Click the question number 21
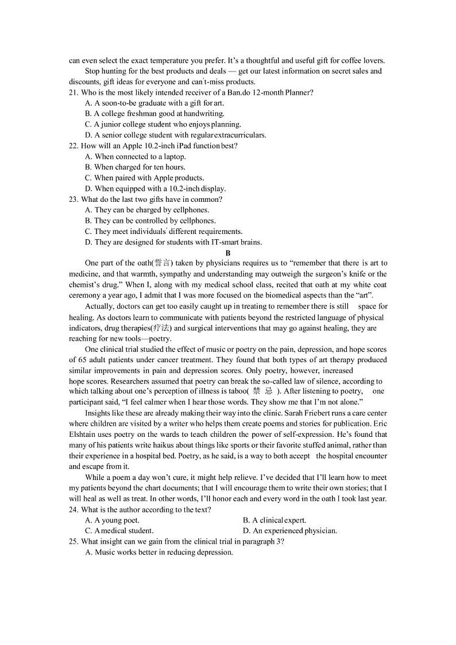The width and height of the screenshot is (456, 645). pyautogui.click(x=73, y=93)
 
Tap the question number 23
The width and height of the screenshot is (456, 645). pyautogui.click(x=73, y=199)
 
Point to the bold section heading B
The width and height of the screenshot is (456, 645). pyautogui.click(x=228, y=253)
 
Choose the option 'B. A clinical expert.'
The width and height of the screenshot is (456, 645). pyautogui.click(x=275, y=520)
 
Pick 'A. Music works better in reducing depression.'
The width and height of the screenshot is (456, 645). pyautogui.click(x=159, y=552)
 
